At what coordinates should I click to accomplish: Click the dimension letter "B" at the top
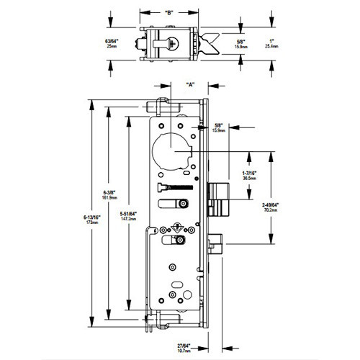[168, 12]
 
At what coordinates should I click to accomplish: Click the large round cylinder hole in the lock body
[174, 149]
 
